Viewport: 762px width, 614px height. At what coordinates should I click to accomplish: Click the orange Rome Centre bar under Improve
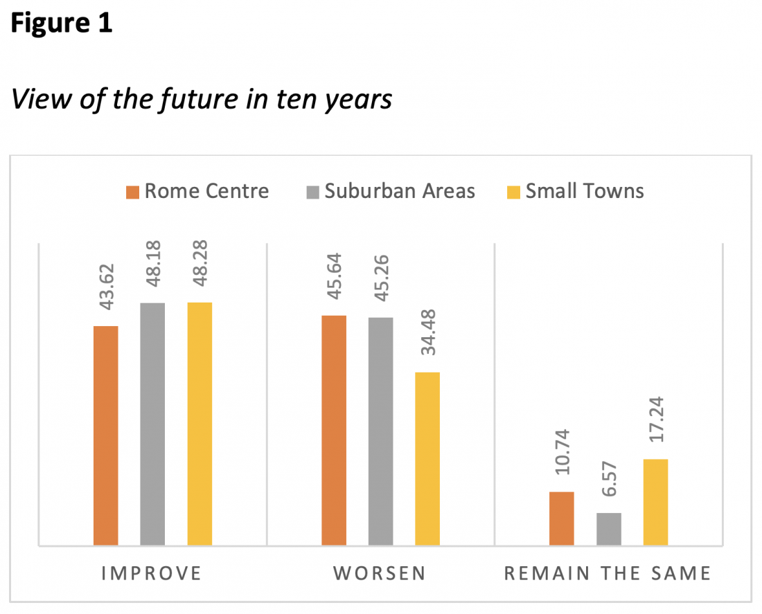coord(105,435)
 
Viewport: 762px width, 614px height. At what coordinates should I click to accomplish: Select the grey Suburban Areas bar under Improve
coord(152,424)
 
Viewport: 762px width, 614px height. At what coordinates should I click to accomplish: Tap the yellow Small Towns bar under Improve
coord(200,424)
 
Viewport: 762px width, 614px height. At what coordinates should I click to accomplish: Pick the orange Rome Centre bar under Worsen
coord(334,430)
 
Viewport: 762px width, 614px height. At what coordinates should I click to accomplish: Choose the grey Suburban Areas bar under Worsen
coord(380,431)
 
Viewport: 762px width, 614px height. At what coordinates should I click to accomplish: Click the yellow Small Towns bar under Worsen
coord(427,459)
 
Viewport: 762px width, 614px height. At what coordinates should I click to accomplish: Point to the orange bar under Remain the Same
coord(562,518)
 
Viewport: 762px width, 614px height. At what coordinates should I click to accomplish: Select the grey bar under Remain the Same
coord(609,529)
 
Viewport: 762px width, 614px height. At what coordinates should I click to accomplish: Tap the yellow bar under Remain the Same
coord(655,502)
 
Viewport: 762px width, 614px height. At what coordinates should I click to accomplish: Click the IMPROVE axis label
coord(152,573)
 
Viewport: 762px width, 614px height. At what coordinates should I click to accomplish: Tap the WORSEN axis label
coord(380,573)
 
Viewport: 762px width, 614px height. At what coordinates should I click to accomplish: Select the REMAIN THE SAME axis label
coord(608,573)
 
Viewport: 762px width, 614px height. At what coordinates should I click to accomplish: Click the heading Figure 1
coord(62,24)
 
